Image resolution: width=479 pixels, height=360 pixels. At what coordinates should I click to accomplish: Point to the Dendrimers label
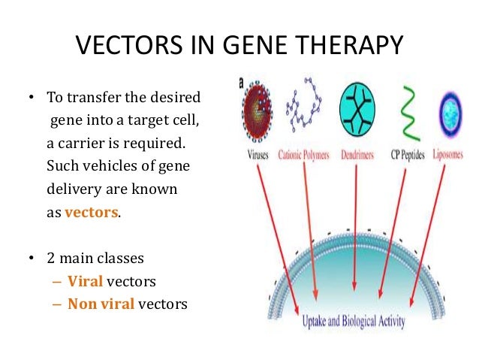coord(358,154)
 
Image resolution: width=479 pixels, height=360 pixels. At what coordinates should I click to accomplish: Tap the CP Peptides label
coord(408,154)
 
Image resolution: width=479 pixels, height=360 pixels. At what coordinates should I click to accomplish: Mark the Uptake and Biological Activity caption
coord(353,322)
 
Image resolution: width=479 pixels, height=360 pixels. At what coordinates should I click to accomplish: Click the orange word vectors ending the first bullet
coord(91,212)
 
